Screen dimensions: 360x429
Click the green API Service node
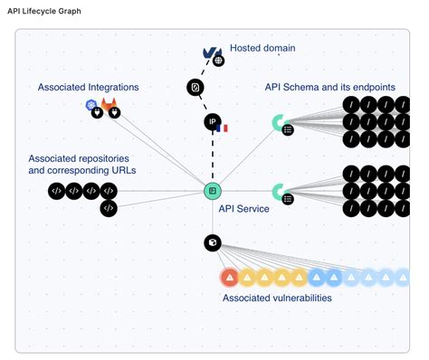(x=212, y=191)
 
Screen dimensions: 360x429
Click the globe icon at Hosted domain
(x=218, y=61)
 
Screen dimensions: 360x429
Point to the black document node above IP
(x=195, y=88)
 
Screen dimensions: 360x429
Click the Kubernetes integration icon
(x=91, y=107)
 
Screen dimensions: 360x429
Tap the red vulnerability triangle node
(x=229, y=276)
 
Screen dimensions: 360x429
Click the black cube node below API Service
(x=212, y=242)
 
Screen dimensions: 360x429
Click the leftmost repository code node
(x=56, y=191)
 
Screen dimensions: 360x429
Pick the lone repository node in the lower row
(x=108, y=208)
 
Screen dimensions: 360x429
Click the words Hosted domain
(x=262, y=48)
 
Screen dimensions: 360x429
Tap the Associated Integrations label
(x=88, y=87)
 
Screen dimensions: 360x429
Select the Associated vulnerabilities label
(x=277, y=298)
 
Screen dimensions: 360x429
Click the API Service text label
(x=244, y=207)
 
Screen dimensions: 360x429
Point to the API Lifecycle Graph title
(x=44, y=10)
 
